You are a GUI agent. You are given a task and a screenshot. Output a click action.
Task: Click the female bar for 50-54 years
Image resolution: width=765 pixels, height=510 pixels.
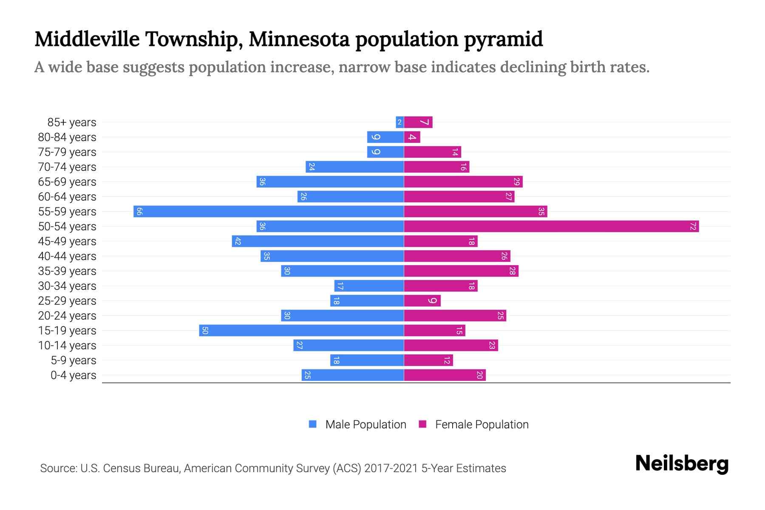pos(551,227)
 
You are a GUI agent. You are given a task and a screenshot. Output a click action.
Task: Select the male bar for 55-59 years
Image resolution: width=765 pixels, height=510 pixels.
pos(269,212)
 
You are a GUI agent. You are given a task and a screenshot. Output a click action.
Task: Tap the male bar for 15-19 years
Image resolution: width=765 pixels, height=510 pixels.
pos(301,331)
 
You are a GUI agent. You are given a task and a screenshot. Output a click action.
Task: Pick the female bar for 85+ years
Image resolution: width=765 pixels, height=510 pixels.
pos(418,122)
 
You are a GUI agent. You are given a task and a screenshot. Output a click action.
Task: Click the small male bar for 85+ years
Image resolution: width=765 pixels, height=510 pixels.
pos(399,122)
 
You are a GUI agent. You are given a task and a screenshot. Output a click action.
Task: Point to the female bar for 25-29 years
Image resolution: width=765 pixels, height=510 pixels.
pos(422,301)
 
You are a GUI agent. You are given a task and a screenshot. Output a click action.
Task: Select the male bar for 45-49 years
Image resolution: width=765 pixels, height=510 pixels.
pos(318,241)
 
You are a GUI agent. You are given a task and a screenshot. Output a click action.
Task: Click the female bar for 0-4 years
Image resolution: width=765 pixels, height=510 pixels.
pos(445,375)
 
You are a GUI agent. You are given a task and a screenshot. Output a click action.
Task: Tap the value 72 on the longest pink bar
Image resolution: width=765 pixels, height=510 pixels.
pos(693,227)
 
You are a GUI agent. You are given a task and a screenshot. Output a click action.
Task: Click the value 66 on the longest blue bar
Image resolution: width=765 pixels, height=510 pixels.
pos(139,212)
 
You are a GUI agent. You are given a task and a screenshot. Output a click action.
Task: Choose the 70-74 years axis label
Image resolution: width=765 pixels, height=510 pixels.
pos(67,167)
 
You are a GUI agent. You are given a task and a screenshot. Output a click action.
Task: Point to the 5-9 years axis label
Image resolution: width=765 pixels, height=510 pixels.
pos(74,360)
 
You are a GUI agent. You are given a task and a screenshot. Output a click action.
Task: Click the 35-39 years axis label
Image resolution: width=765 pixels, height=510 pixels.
pos(67,271)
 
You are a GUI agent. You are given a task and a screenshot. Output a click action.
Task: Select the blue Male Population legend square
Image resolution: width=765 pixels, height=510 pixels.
pos(313,424)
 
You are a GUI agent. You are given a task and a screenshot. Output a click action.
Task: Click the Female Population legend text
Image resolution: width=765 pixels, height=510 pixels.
pos(482,425)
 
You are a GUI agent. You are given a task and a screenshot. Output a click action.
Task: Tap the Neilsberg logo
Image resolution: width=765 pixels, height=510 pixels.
pos(682,464)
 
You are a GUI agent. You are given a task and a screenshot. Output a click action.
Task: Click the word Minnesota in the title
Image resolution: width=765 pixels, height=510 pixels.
pos(300,39)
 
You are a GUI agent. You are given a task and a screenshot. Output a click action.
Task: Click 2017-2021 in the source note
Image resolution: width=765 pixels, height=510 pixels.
pos(391,468)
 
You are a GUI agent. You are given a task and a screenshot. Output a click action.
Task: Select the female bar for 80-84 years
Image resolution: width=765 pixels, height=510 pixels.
pos(412,137)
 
